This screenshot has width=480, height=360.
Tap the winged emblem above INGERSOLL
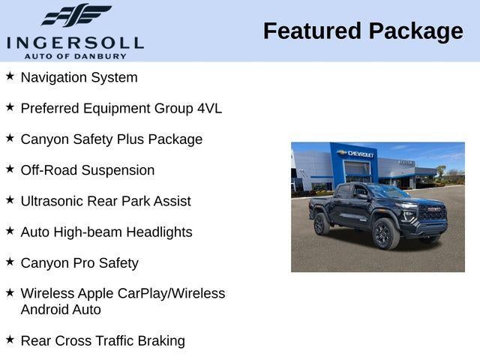point(76,15)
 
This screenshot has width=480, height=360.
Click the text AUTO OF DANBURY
point(75,55)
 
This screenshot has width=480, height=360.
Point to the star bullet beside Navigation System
point(10,76)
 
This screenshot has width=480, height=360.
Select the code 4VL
point(209,108)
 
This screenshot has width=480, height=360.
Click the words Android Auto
point(61,310)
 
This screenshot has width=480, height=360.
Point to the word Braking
point(161,341)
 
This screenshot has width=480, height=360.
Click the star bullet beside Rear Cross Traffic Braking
point(10,340)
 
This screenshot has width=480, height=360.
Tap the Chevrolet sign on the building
point(357,154)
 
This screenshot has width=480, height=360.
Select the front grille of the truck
point(432,213)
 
